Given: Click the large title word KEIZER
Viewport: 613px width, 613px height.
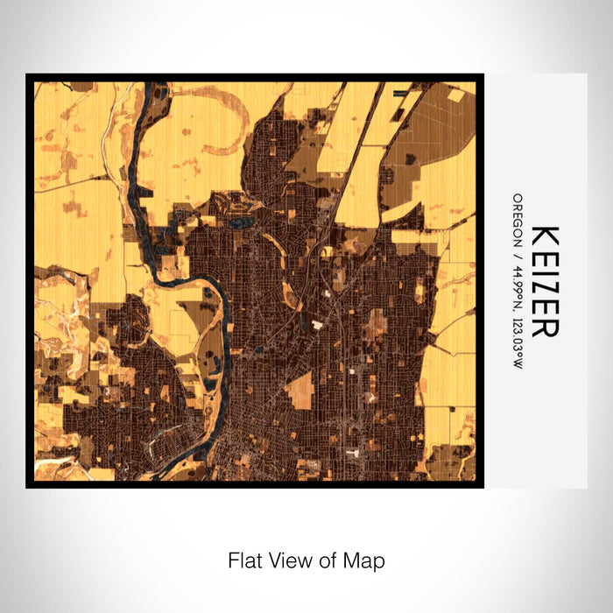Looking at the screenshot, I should [x=545, y=280].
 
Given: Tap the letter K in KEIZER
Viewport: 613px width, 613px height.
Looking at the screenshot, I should [x=545, y=236].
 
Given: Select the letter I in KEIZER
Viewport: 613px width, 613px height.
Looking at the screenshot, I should [x=545, y=270].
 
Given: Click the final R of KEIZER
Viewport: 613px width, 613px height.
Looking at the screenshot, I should [x=545, y=326].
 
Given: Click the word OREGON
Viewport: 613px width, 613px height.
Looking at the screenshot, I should [x=518, y=219].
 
